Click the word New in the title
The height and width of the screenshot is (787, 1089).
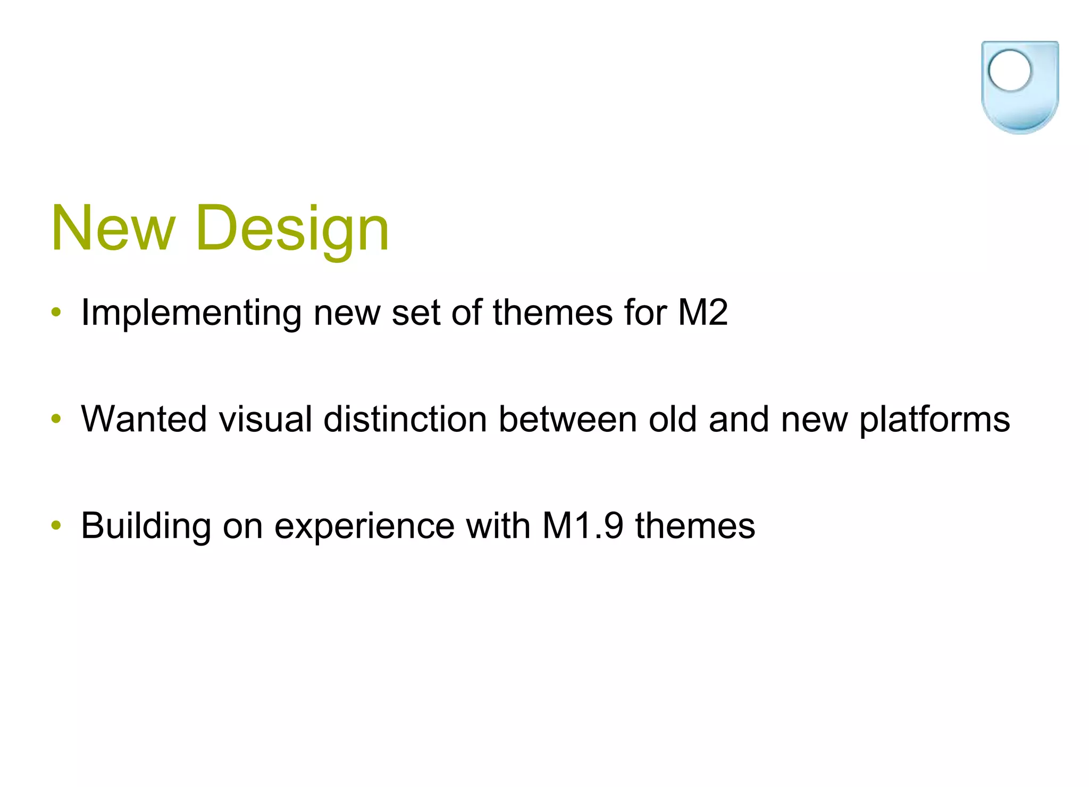(113, 229)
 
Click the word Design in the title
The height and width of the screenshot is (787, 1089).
(292, 230)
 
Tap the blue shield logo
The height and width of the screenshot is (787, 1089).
(1019, 88)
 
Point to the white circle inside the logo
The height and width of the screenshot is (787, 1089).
(1009, 71)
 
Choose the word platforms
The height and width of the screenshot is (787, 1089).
(934, 420)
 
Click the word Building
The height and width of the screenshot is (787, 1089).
(146, 526)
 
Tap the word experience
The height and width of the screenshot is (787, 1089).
(364, 527)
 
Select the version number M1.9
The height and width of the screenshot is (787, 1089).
(582, 526)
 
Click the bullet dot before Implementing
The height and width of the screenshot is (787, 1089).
(56, 312)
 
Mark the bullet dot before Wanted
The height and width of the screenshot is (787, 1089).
(56, 419)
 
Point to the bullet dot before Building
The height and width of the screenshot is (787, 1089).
(56, 526)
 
